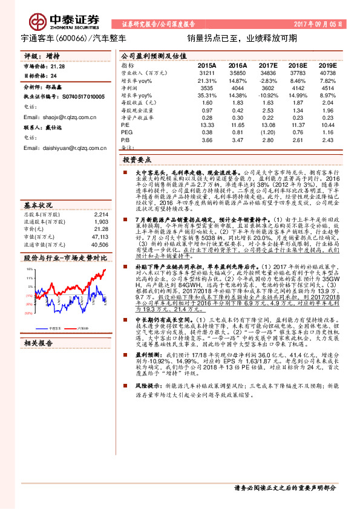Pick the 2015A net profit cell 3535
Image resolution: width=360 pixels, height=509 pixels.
coord(207,87)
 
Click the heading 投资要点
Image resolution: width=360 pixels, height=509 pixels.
coord(136,160)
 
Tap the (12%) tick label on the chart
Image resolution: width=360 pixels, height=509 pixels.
coord(28,314)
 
